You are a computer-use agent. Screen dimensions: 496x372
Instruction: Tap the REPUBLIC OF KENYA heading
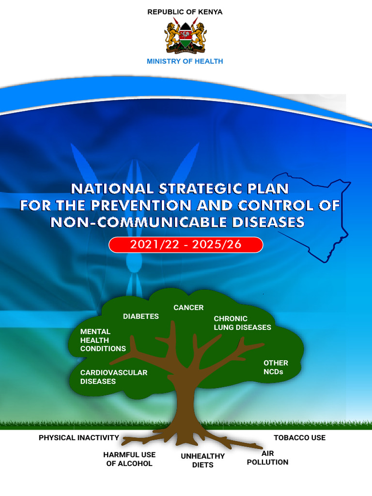point(185,12)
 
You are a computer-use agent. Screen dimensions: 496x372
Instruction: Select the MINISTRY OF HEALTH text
point(185,62)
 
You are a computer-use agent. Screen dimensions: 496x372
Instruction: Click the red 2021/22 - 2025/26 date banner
point(186,245)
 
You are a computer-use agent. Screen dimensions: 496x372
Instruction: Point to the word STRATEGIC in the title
point(191,188)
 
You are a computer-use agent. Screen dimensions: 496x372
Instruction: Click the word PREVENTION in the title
point(141,205)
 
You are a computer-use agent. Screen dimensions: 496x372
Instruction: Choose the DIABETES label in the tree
point(140,316)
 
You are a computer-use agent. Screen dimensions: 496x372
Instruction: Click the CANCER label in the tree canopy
point(188,308)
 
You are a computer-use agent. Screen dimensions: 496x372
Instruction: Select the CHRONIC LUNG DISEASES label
point(242,323)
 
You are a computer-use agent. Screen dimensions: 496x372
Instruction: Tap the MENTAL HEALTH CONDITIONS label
point(103,340)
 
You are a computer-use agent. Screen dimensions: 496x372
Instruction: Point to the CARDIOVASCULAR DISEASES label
point(113,377)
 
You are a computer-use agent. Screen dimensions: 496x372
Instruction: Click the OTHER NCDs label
point(275,367)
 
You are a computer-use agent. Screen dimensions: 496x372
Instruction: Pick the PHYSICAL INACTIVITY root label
point(78,438)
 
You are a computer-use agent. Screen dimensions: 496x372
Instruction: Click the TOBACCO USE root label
point(299,438)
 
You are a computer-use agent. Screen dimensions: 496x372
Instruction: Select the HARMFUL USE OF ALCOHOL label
point(129,459)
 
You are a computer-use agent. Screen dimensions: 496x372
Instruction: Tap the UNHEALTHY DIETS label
point(202,461)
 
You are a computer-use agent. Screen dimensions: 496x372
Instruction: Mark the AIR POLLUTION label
point(267,458)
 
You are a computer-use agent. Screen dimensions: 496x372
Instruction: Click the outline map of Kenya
point(315,213)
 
